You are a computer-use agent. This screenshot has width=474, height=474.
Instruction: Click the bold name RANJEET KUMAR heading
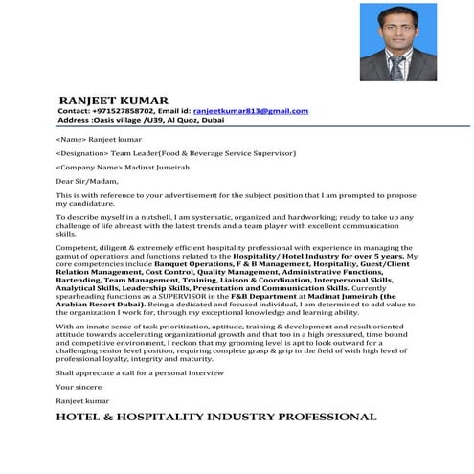(x=113, y=100)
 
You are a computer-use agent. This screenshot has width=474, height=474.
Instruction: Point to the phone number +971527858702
(x=127, y=111)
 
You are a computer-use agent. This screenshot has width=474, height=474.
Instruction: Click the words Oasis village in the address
(x=117, y=121)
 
